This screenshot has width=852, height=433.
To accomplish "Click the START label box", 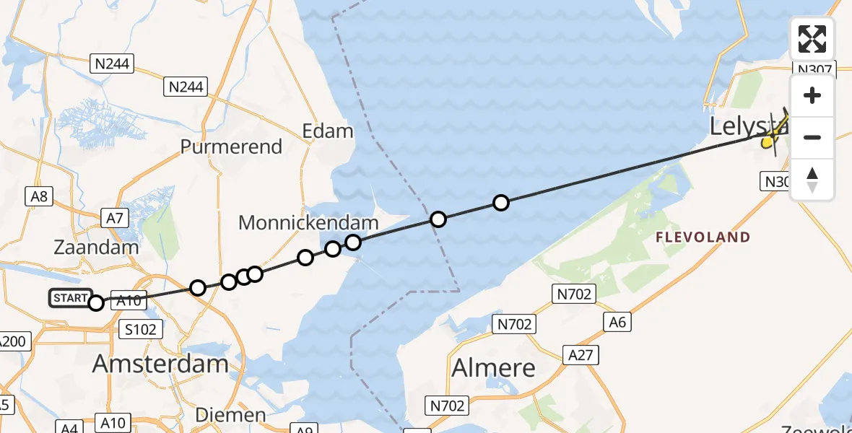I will [70, 297].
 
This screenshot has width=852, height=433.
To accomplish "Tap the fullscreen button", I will [812, 38].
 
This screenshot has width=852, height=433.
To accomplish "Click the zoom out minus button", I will [812, 137].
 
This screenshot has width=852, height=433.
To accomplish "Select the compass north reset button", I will [812, 179].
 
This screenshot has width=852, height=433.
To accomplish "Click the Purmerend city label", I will [231, 146].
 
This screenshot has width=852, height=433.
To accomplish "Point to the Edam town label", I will [329, 131].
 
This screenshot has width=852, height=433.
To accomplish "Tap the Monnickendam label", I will [309, 223].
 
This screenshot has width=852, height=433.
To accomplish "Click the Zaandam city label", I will [96, 247].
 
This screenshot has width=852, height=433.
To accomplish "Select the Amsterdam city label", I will [160, 364].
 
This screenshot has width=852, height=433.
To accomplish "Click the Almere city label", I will [494, 368].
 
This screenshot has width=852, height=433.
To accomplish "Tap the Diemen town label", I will [231, 415].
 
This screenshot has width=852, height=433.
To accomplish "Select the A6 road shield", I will [617, 323].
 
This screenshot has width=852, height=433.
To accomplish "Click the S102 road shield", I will [139, 329].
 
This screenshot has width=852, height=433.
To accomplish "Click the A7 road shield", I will [115, 217].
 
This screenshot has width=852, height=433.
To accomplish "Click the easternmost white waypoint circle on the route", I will [500, 203].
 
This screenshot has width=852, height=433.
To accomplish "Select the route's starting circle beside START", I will [96, 303].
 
